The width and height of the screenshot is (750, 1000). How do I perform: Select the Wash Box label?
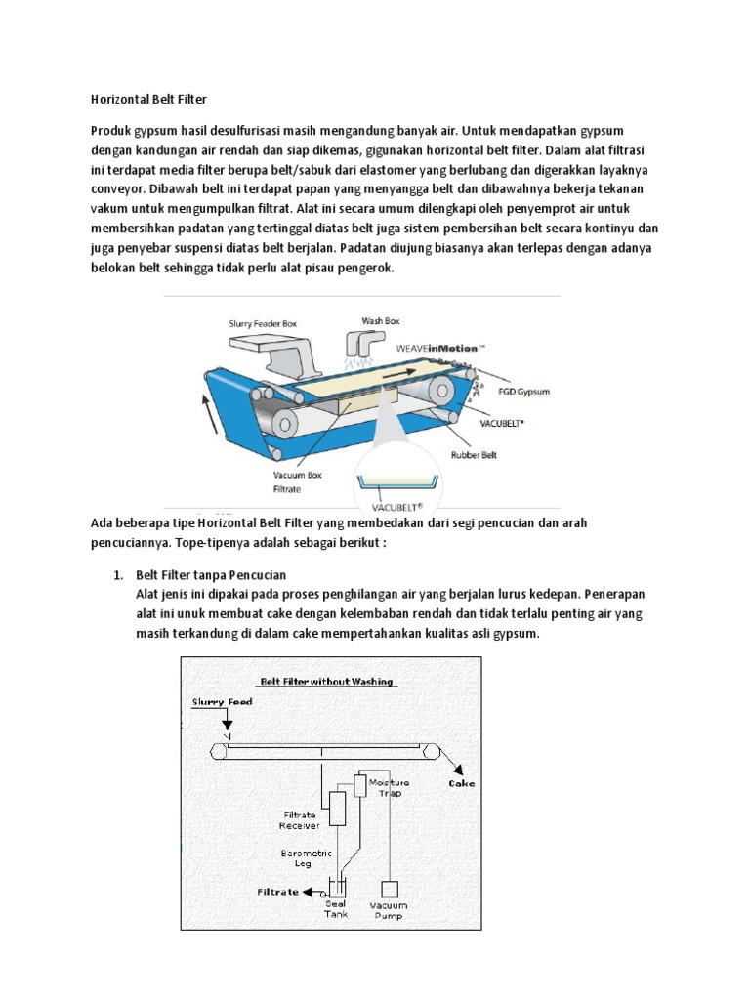tap(380, 320)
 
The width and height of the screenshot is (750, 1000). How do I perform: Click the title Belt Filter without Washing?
tap(326, 682)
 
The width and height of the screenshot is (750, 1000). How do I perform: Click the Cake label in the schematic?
tap(462, 782)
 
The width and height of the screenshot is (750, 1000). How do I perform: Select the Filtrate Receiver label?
tap(300, 819)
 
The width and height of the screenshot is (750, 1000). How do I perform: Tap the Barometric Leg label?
tap(307, 857)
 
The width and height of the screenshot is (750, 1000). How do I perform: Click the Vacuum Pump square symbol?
tap(390, 889)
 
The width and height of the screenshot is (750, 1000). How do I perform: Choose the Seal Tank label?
tap(335, 909)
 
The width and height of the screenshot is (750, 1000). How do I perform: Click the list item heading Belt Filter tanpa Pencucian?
tap(210, 575)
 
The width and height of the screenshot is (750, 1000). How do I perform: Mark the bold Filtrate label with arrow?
tap(279, 892)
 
